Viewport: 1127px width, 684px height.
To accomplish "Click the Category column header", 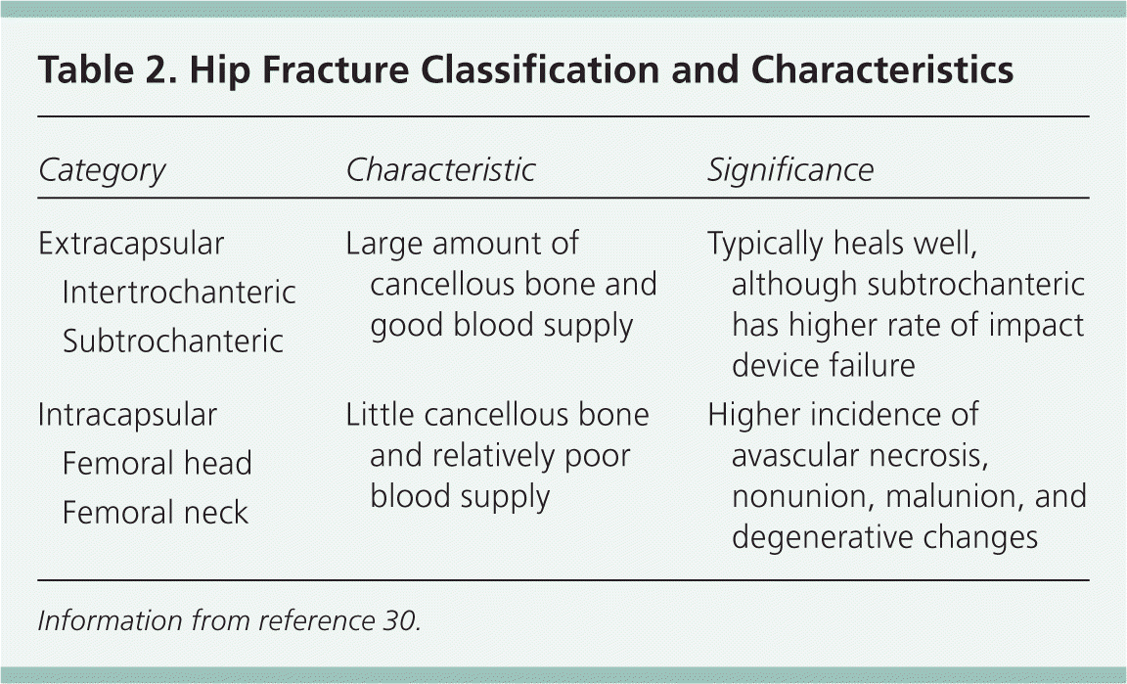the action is pyautogui.click(x=102, y=171).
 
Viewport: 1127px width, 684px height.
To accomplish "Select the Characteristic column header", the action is pyautogui.click(x=440, y=169).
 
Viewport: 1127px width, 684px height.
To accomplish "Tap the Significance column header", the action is pyautogui.click(x=790, y=170).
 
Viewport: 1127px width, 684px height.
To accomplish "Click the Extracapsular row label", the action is pyautogui.click(x=131, y=244).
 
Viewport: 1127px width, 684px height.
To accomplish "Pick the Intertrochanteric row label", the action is pyautogui.click(x=179, y=292).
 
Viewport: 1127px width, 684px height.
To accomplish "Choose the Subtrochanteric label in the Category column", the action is pyautogui.click(x=173, y=341).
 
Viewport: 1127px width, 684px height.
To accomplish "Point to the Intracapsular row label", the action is pyautogui.click(x=128, y=415).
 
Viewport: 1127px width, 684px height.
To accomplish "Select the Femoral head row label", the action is pyautogui.click(x=158, y=463).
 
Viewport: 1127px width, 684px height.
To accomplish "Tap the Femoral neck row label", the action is pyautogui.click(x=156, y=512).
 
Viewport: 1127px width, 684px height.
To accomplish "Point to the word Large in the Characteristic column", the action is pyautogui.click(x=383, y=245).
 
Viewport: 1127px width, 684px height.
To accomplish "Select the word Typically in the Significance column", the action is pyautogui.click(x=765, y=245).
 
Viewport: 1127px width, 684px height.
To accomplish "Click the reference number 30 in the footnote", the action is pyautogui.click(x=399, y=620).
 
